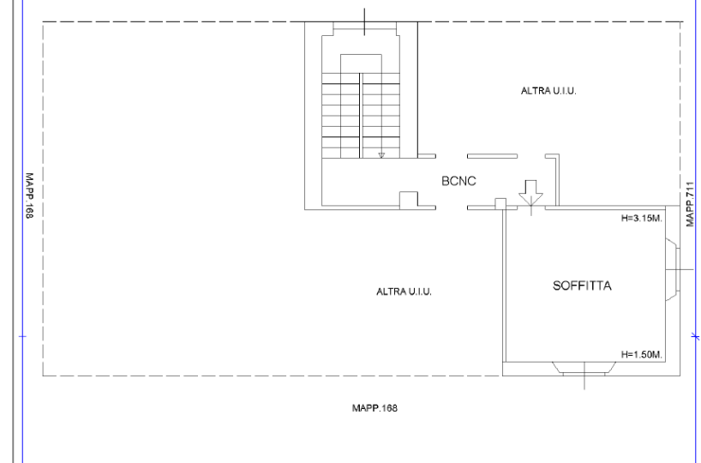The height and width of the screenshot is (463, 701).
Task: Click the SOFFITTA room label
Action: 582,286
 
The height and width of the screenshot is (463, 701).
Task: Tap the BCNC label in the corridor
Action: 458,181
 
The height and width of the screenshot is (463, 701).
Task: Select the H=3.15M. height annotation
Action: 642,219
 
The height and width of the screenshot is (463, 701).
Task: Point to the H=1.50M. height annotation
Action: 642,355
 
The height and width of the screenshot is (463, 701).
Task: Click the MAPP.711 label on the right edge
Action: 690,204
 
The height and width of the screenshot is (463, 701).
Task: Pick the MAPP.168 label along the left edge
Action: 29,195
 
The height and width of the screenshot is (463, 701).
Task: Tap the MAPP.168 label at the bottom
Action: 374,408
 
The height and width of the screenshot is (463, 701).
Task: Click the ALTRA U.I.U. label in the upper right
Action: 548,91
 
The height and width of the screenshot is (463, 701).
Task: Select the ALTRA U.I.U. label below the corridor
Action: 404,292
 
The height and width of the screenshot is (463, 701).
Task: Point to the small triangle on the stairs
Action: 381,155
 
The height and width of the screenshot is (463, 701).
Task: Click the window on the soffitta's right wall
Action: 673,270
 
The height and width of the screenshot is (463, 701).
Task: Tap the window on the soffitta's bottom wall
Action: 584,369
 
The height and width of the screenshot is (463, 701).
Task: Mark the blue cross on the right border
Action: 696,336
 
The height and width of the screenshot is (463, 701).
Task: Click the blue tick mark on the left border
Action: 22,336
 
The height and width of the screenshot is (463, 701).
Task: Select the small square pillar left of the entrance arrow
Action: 500,203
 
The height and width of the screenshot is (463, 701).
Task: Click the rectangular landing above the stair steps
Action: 362,64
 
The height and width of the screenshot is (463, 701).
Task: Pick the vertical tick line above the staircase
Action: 364,21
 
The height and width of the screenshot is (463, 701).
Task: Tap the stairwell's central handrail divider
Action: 361,116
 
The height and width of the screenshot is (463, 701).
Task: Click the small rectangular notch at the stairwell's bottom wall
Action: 409,199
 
